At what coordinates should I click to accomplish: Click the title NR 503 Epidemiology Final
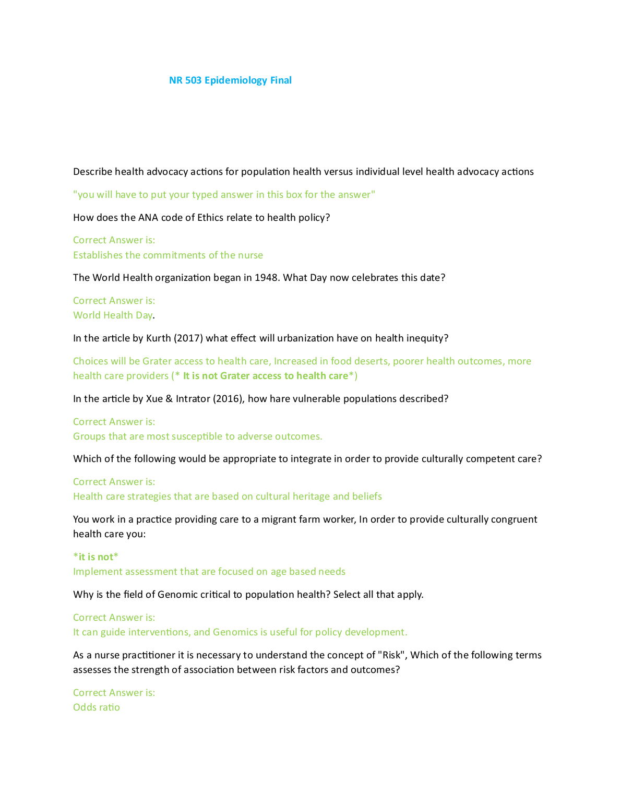[230, 80]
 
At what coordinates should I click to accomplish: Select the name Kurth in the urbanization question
[158, 338]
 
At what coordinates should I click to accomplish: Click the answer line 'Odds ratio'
[97, 707]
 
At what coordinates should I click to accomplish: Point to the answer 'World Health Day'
[113, 315]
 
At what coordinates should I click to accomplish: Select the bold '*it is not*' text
[96, 557]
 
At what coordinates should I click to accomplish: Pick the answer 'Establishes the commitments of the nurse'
[168, 255]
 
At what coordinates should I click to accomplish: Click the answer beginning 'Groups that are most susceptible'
[197, 436]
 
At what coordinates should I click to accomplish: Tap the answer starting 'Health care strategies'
[227, 496]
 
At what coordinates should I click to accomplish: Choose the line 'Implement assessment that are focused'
[209, 572]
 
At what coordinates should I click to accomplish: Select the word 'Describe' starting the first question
[92, 172]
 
